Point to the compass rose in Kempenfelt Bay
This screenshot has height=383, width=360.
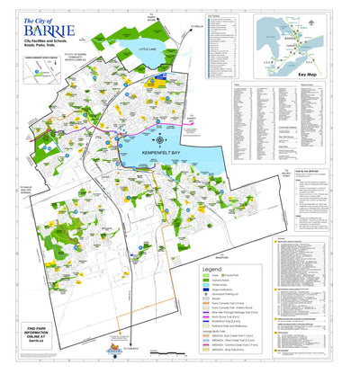coord(160,139)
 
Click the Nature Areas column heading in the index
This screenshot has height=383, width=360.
coord(306,88)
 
